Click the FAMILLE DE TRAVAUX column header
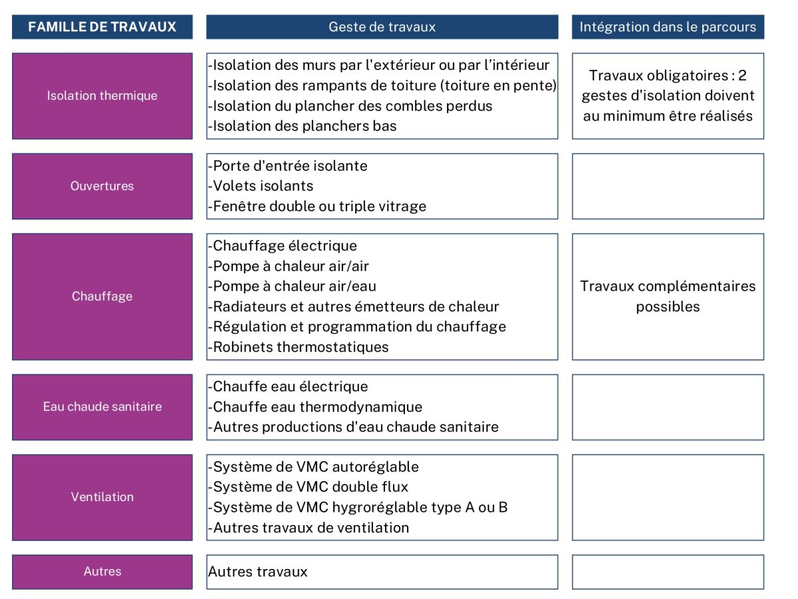(x=102, y=27)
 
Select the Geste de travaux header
(x=382, y=27)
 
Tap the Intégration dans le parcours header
(x=668, y=27)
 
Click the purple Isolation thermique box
(x=102, y=96)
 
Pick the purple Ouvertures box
(x=102, y=186)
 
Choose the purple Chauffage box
(x=102, y=296)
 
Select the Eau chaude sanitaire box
(x=102, y=407)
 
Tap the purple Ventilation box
(x=102, y=497)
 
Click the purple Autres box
(x=102, y=572)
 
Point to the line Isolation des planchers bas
(x=303, y=126)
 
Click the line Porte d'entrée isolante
(x=288, y=166)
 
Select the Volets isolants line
(x=261, y=186)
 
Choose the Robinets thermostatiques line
(x=299, y=347)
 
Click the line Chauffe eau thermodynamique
(x=316, y=407)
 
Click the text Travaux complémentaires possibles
(x=668, y=296)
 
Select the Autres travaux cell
(x=258, y=572)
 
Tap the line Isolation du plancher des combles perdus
(x=350, y=106)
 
